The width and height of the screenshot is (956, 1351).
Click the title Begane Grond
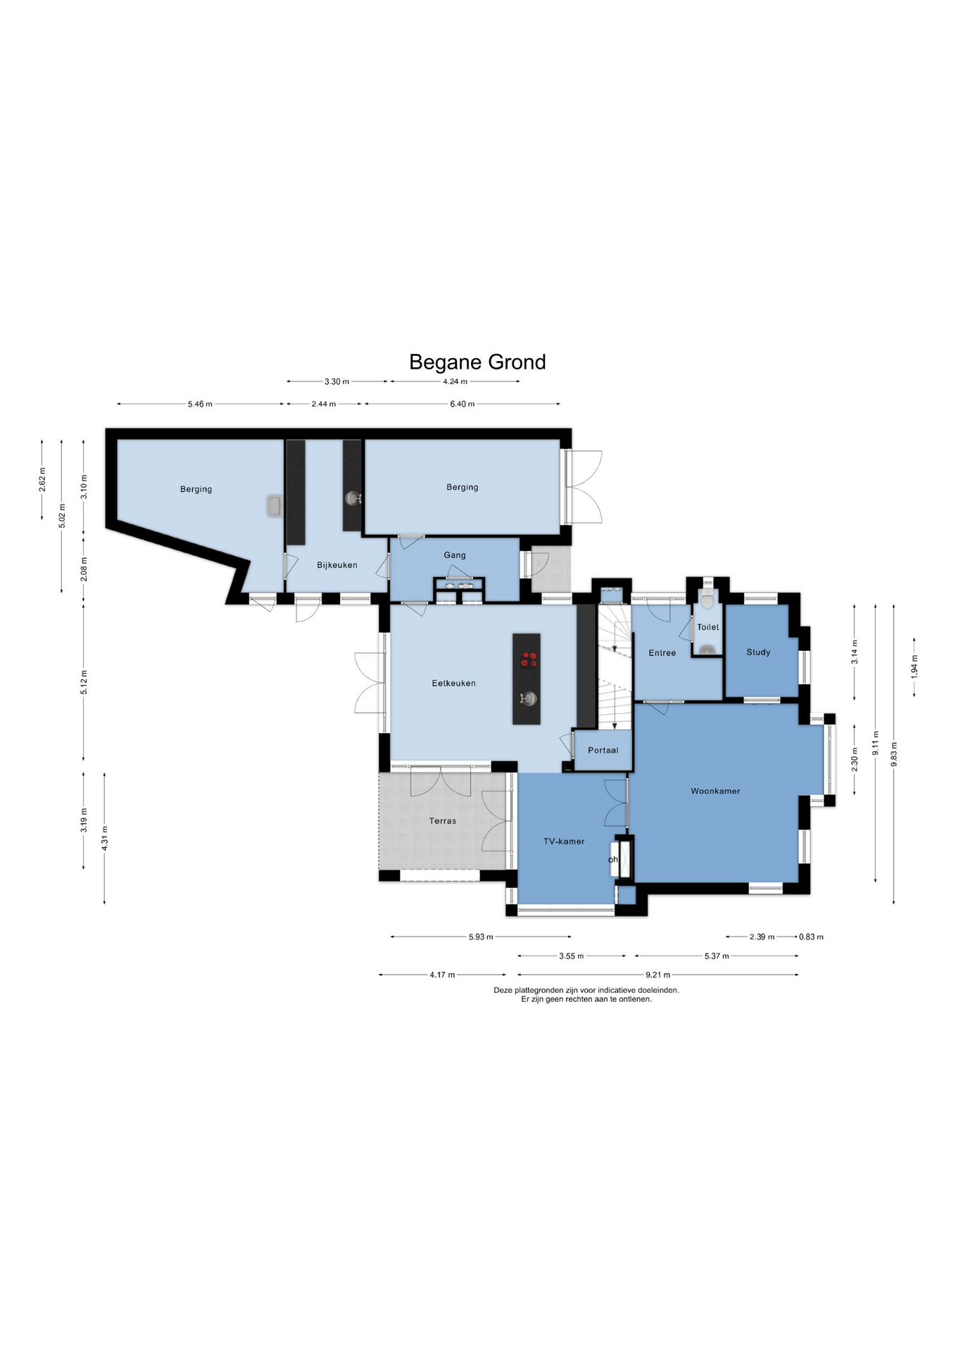point(477,362)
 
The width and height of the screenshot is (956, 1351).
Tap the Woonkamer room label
point(715,791)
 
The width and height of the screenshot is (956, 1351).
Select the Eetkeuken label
point(453,683)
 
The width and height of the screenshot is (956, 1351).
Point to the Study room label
point(758,652)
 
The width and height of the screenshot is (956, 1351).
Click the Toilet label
point(708,627)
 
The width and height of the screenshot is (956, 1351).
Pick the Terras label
point(443,821)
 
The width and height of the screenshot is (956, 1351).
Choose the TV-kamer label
point(564,842)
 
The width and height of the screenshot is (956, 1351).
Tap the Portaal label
point(603,750)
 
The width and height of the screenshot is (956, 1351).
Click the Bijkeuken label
point(337,565)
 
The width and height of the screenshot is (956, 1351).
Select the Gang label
point(455,555)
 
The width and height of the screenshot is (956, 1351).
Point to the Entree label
point(662,653)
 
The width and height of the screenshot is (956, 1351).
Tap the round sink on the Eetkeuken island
point(528,698)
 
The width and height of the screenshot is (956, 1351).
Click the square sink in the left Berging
point(275,506)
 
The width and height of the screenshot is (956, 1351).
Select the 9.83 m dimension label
point(894,754)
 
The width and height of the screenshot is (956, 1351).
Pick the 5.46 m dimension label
point(200,404)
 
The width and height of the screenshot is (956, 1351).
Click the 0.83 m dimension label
point(811,937)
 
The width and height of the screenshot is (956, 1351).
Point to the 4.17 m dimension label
point(442,975)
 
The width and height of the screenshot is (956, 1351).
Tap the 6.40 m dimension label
point(463,404)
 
